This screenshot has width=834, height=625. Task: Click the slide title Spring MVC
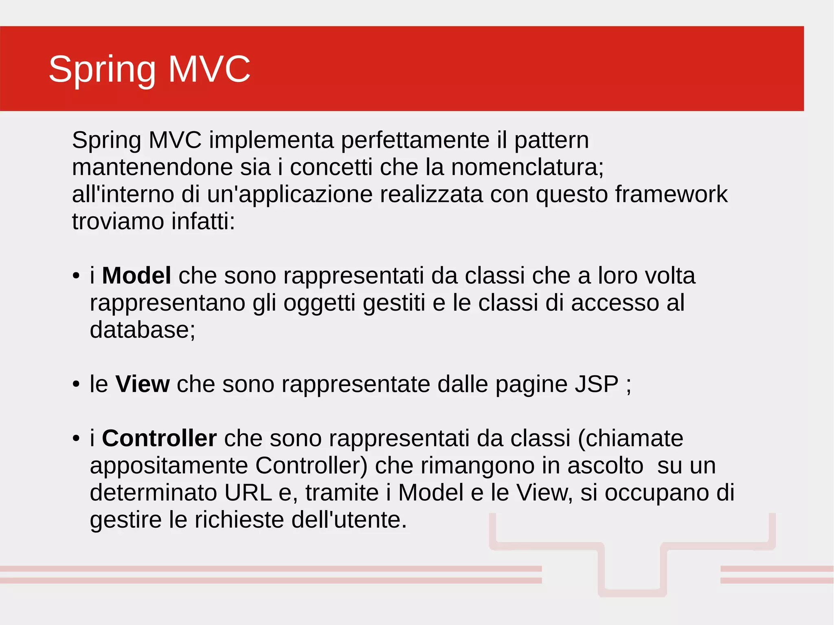point(149,69)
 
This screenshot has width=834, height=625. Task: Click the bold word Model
point(136,276)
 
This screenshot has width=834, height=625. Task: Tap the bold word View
point(142,384)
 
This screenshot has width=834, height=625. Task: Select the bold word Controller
point(159,439)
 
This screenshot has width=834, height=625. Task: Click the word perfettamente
point(415,140)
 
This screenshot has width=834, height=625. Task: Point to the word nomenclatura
point(527,167)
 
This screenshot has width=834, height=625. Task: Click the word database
point(142,330)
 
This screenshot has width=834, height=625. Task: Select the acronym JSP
point(596,384)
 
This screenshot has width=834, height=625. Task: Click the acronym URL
point(248,493)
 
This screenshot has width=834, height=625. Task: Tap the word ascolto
point(605,465)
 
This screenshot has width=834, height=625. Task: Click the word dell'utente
point(349,520)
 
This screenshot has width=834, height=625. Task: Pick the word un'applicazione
point(290,194)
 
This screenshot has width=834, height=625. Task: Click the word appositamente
point(169,465)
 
